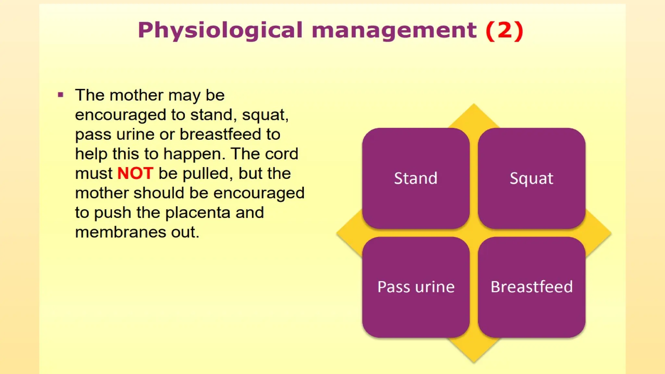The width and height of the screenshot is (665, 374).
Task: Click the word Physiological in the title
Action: click(x=220, y=31)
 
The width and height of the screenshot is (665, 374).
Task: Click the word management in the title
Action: click(x=394, y=31)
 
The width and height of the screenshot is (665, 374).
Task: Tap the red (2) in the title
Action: click(x=504, y=31)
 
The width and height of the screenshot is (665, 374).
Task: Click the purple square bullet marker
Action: click(x=60, y=95)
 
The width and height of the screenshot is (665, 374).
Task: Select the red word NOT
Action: click(x=135, y=173)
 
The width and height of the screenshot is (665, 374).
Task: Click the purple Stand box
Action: click(x=416, y=178)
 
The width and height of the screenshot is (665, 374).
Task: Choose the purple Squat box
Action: click(x=532, y=178)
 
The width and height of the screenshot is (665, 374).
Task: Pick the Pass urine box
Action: click(x=416, y=287)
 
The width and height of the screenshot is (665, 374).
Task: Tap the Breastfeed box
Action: click(x=532, y=287)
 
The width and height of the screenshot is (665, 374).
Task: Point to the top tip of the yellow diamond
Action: click(x=474, y=104)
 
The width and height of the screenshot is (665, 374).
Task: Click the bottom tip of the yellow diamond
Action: click(x=474, y=362)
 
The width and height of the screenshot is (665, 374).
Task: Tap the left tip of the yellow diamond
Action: click(x=337, y=233)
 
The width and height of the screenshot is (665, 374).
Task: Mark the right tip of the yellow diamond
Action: click(x=611, y=233)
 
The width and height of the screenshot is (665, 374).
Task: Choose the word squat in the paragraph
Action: click(x=265, y=115)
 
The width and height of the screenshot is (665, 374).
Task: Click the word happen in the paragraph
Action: click(x=194, y=154)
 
